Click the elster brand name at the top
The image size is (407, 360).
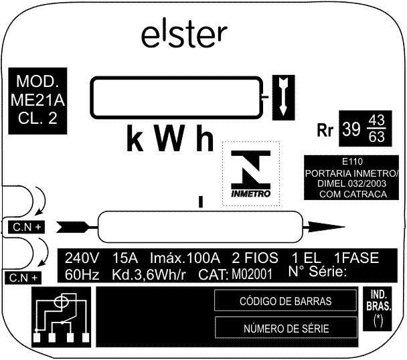(x=184, y=35)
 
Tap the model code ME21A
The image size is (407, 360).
(x=37, y=100)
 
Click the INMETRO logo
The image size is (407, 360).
(x=251, y=173)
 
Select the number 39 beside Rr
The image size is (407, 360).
(x=351, y=128)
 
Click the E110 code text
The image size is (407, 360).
(x=352, y=161)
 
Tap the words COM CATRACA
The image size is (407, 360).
(x=353, y=194)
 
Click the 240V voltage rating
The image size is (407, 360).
(x=82, y=258)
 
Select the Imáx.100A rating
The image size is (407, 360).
(x=185, y=258)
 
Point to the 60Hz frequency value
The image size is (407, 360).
(x=82, y=274)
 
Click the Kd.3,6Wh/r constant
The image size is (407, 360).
(x=149, y=275)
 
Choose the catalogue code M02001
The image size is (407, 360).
(x=252, y=274)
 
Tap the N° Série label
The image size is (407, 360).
(x=317, y=272)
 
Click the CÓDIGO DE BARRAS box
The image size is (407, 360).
(x=286, y=300)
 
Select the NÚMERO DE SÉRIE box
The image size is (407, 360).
(x=286, y=328)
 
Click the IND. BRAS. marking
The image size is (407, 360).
(x=378, y=301)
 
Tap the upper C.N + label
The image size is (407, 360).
(x=27, y=227)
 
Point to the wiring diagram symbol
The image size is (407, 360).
(x=62, y=317)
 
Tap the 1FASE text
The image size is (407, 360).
(x=356, y=258)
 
